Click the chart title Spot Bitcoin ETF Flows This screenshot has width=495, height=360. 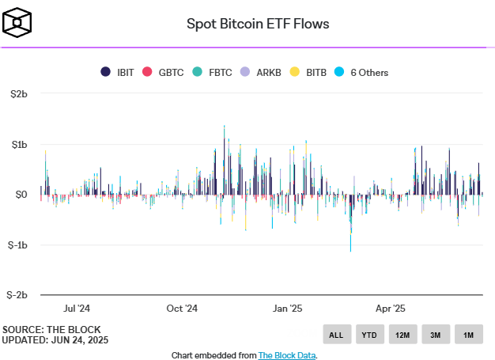[258, 23]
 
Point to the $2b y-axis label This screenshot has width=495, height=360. [17, 94]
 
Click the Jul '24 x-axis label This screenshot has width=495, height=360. [77, 309]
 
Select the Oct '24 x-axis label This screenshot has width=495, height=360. [183, 309]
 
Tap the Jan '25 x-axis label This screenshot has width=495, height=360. [288, 309]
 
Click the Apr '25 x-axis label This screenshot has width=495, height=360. [391, 309]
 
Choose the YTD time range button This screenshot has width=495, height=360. [369, 335]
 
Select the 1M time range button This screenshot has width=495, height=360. [468, 335]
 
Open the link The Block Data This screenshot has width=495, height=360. [287, 355]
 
